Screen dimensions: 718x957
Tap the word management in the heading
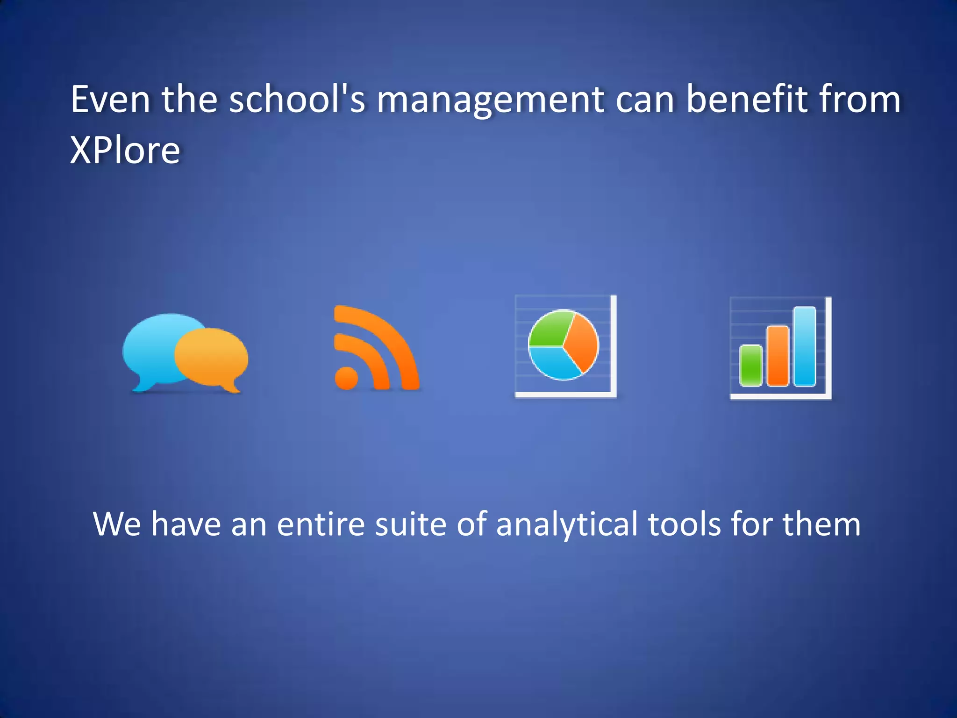(x=490, y=100)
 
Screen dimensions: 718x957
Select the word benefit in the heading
(x=747, y=100)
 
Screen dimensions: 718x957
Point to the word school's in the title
(x=297, y=100)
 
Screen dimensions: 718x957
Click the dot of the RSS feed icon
(x=346, y=378)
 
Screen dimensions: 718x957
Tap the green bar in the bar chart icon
(x=750, y=366)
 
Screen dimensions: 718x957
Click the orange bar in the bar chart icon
(x=778, y=356)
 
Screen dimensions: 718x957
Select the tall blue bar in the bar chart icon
(x=805, y=346)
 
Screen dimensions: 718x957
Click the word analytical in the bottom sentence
(x=566, y=524)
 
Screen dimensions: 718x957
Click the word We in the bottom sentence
(x=117, y=524)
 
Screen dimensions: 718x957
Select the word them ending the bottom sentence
(x=821, y=524)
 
